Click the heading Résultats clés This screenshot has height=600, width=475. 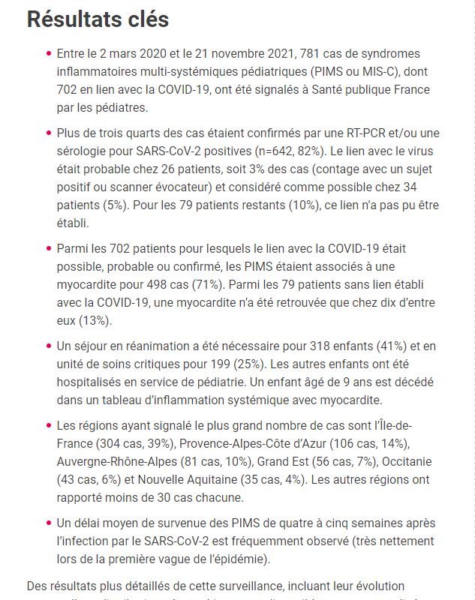point(98,20)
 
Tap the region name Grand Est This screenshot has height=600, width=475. point(278,462)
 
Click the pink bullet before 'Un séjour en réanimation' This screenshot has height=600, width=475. point(48,346)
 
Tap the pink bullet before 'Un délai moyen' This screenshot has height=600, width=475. point(48,523)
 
